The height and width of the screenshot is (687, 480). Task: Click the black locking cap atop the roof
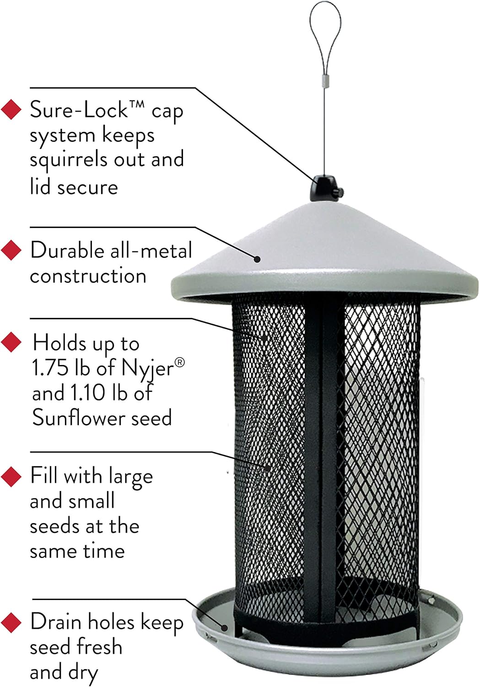(x=326, y=189)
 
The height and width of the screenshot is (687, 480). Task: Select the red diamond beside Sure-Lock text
(x=11, y=109)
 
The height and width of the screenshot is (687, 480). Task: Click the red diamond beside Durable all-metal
(x=11, y=250)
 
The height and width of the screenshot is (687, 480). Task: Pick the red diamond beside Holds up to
(x=11, y=342)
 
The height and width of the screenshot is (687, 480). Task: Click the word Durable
(x=67, y=250)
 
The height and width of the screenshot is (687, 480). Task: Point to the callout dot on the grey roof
(x=257, y=259)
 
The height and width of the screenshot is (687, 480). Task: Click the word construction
(x=88, y=276)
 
